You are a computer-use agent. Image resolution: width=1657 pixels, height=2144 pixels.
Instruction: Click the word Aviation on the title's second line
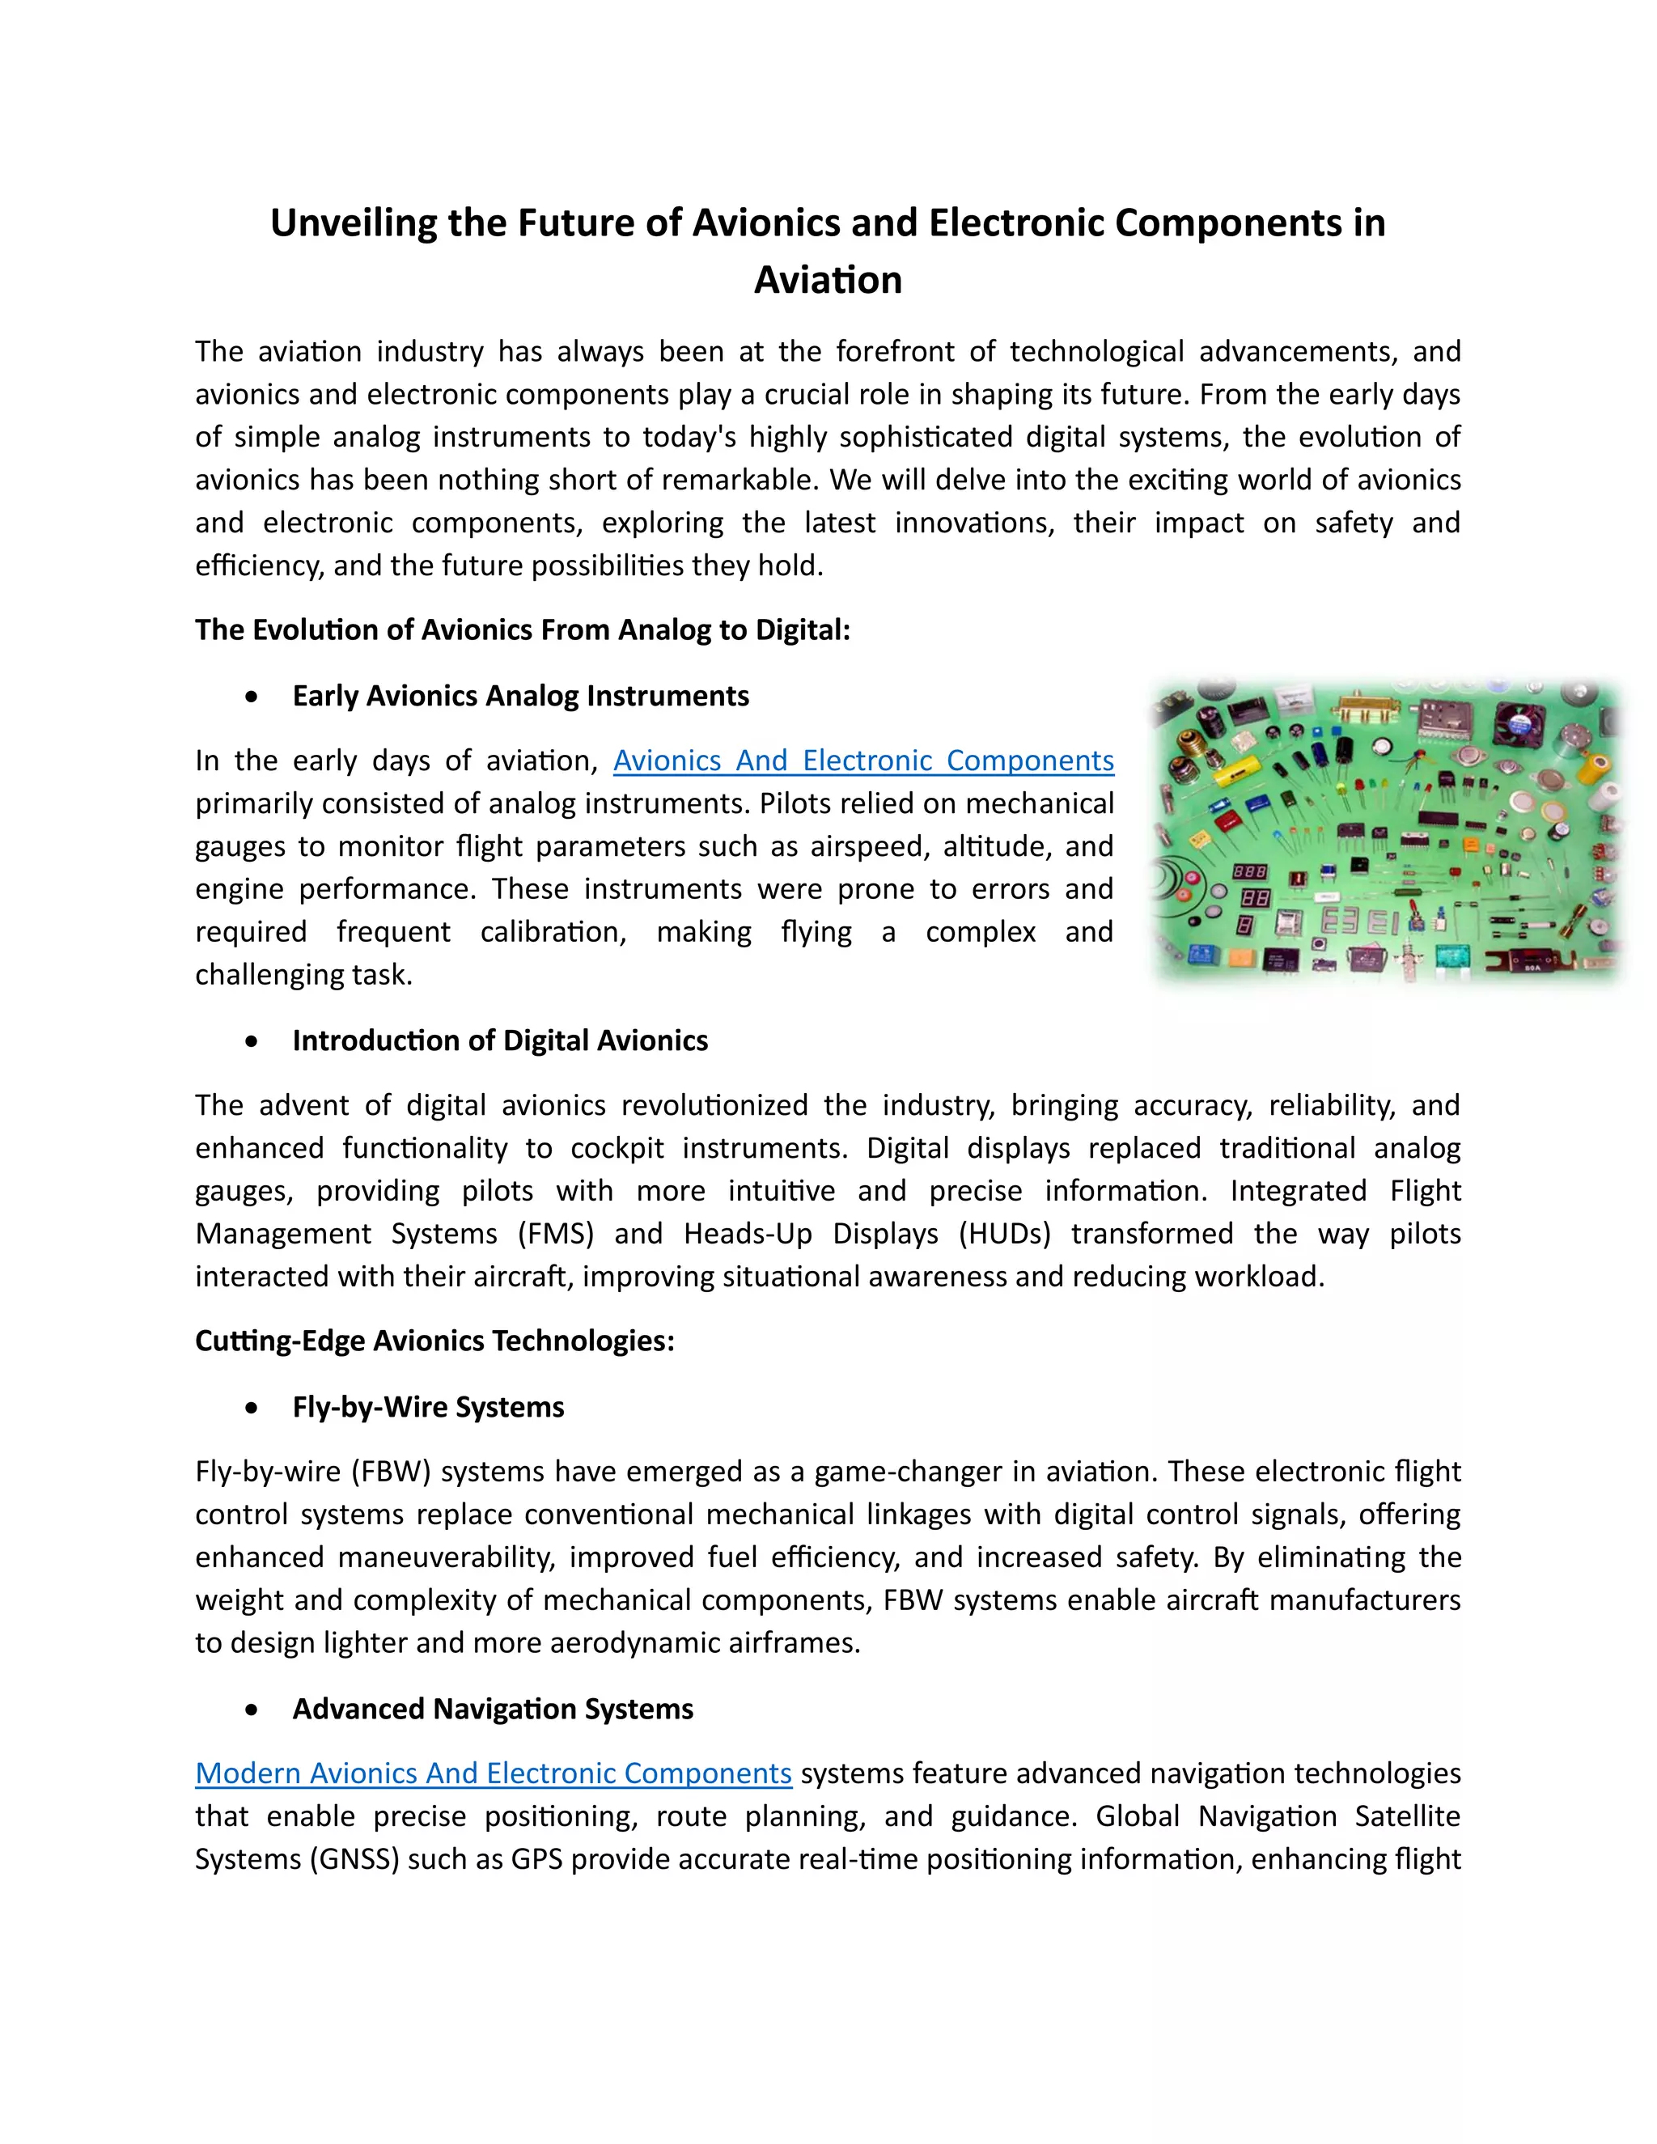point(828,280)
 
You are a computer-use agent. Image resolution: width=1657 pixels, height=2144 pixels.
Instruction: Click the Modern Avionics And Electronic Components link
point(493,1773)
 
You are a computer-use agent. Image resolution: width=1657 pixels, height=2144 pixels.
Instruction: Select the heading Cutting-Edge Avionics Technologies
point(434,1341)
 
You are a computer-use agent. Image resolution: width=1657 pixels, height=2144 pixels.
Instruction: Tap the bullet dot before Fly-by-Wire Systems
point(252,1408)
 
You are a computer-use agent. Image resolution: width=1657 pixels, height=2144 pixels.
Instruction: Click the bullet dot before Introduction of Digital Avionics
point(252,1040)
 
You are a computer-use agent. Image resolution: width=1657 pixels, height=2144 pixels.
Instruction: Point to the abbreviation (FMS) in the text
point(556,1233)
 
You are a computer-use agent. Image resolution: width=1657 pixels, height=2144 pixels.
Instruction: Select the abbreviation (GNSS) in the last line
point(354,1858)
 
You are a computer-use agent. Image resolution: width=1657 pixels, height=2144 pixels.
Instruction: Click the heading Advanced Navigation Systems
point(492,1709)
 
